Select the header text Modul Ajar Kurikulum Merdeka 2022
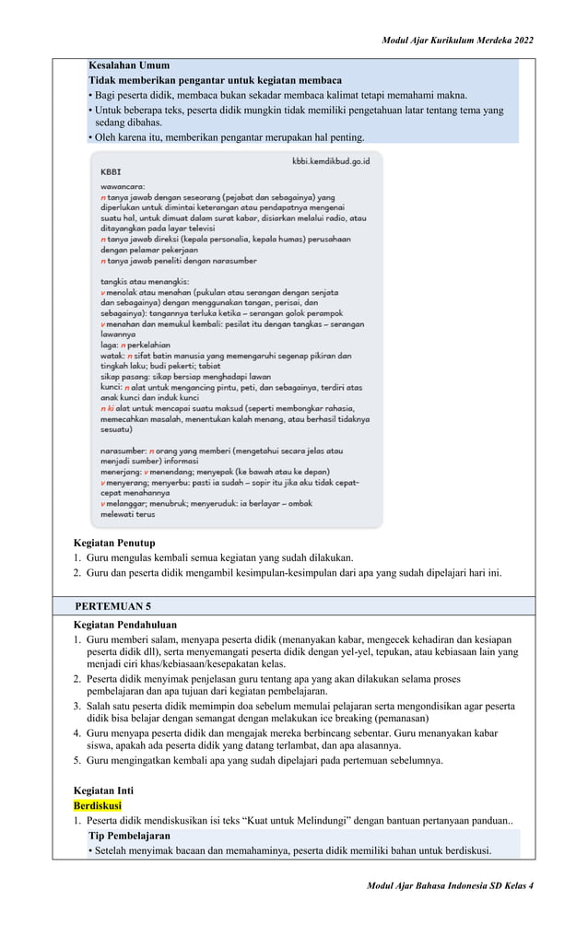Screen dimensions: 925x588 coord(457,41)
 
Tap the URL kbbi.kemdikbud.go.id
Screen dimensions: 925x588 coord(330,161)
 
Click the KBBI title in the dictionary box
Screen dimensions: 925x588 coord(111,172)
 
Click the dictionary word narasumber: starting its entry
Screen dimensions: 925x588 coord(123,451)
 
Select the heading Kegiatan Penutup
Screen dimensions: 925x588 coord(114,543)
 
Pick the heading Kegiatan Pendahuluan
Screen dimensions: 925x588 coord(126,625)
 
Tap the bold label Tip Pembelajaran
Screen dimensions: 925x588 coord(130,835)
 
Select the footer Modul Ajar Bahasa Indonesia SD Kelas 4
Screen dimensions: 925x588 coord(450,885)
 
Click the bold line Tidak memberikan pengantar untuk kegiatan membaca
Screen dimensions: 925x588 coord(215,81)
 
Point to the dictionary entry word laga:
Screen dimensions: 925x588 coord(109,345)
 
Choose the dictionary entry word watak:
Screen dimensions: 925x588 coord(111,356)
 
